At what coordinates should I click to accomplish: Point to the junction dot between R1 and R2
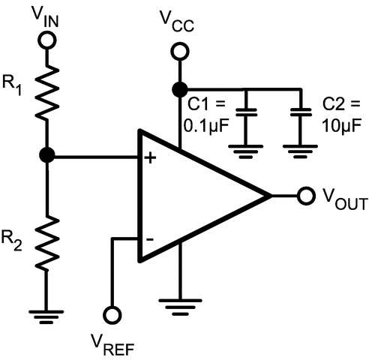point(47,156)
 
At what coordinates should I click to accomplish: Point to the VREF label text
point(115,343)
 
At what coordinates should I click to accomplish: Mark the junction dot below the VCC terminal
point(178,89)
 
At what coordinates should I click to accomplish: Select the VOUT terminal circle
point(305,196)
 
